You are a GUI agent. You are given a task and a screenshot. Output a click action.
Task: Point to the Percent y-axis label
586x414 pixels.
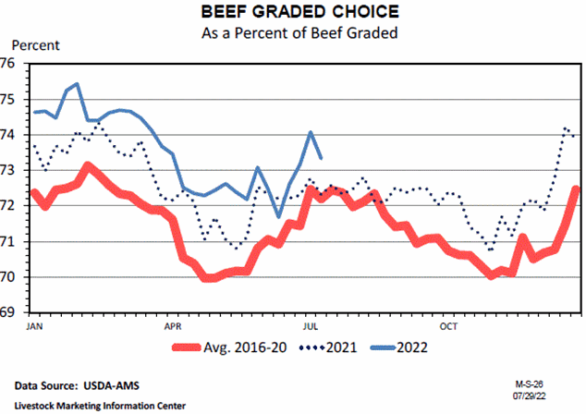(x=35, y=45)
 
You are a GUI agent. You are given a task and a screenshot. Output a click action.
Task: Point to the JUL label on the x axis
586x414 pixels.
(x=311, y=327)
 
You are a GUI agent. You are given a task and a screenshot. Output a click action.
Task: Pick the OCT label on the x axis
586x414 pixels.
(x=449, y=327)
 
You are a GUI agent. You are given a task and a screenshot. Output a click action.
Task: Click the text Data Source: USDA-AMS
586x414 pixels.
(x=72, y=384)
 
